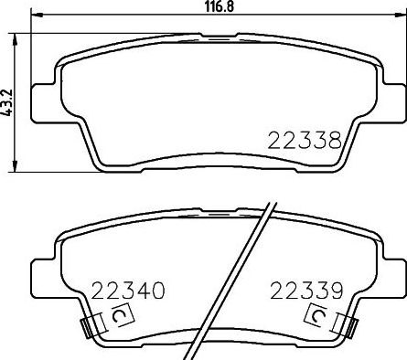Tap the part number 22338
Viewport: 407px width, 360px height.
[x=304, y=142]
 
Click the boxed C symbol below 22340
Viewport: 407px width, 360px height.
[x=119, y=317]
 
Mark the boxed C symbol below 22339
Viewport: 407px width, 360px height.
[x=316, y=317]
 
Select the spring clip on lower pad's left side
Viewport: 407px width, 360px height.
[x=88, y=325]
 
